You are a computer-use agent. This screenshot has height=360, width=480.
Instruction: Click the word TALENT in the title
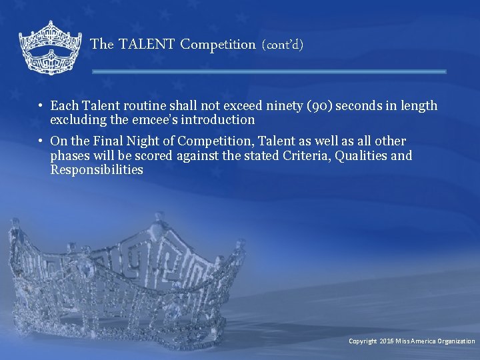point(147,45)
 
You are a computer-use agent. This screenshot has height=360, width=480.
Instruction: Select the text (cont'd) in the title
point(283,45)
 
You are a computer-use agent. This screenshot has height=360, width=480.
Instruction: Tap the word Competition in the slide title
point(218,45)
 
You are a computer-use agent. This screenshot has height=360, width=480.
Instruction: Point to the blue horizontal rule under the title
point(269,71)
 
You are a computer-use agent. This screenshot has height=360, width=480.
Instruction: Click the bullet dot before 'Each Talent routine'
point(41,106)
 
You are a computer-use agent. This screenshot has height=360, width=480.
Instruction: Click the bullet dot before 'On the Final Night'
point(41,141)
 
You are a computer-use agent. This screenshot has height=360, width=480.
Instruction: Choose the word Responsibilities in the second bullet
point(97,170)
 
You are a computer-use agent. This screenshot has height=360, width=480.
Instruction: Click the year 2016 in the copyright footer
point(387,341)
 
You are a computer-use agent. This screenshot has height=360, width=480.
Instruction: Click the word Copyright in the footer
point(363,341)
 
